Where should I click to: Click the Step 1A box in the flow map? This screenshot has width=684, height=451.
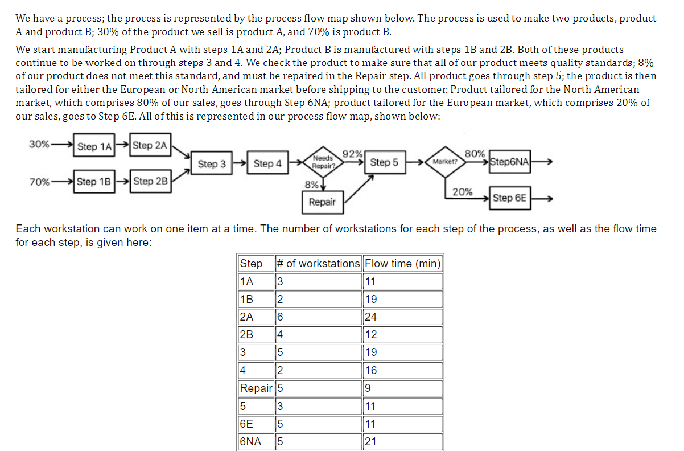point(95,146)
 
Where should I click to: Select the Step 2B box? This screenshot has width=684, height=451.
point(150,181)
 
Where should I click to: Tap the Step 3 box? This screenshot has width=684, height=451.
point(212,164)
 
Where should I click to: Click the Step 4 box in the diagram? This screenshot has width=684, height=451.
point(267,164)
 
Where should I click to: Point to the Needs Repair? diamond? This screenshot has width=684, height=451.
point(323,162)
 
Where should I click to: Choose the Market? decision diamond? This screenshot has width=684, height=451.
point(445,162)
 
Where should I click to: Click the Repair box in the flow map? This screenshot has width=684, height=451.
point(322,202)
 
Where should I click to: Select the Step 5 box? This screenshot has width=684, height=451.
point(384,162)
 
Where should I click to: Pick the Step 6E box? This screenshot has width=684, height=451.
point(509,198)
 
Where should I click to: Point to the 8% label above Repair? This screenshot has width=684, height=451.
point(311,184)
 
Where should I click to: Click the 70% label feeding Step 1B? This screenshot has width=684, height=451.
point(39,182)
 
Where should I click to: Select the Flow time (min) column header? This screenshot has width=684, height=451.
point(402,263)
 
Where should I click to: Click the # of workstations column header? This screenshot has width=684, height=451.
point(318,263)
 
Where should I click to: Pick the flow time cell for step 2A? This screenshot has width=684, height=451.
point(402,317)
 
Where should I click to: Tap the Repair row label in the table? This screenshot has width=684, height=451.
point(256,388)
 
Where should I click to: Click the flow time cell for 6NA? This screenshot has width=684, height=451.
point(402,442)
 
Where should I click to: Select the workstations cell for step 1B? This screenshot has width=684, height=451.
point(318,299)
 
